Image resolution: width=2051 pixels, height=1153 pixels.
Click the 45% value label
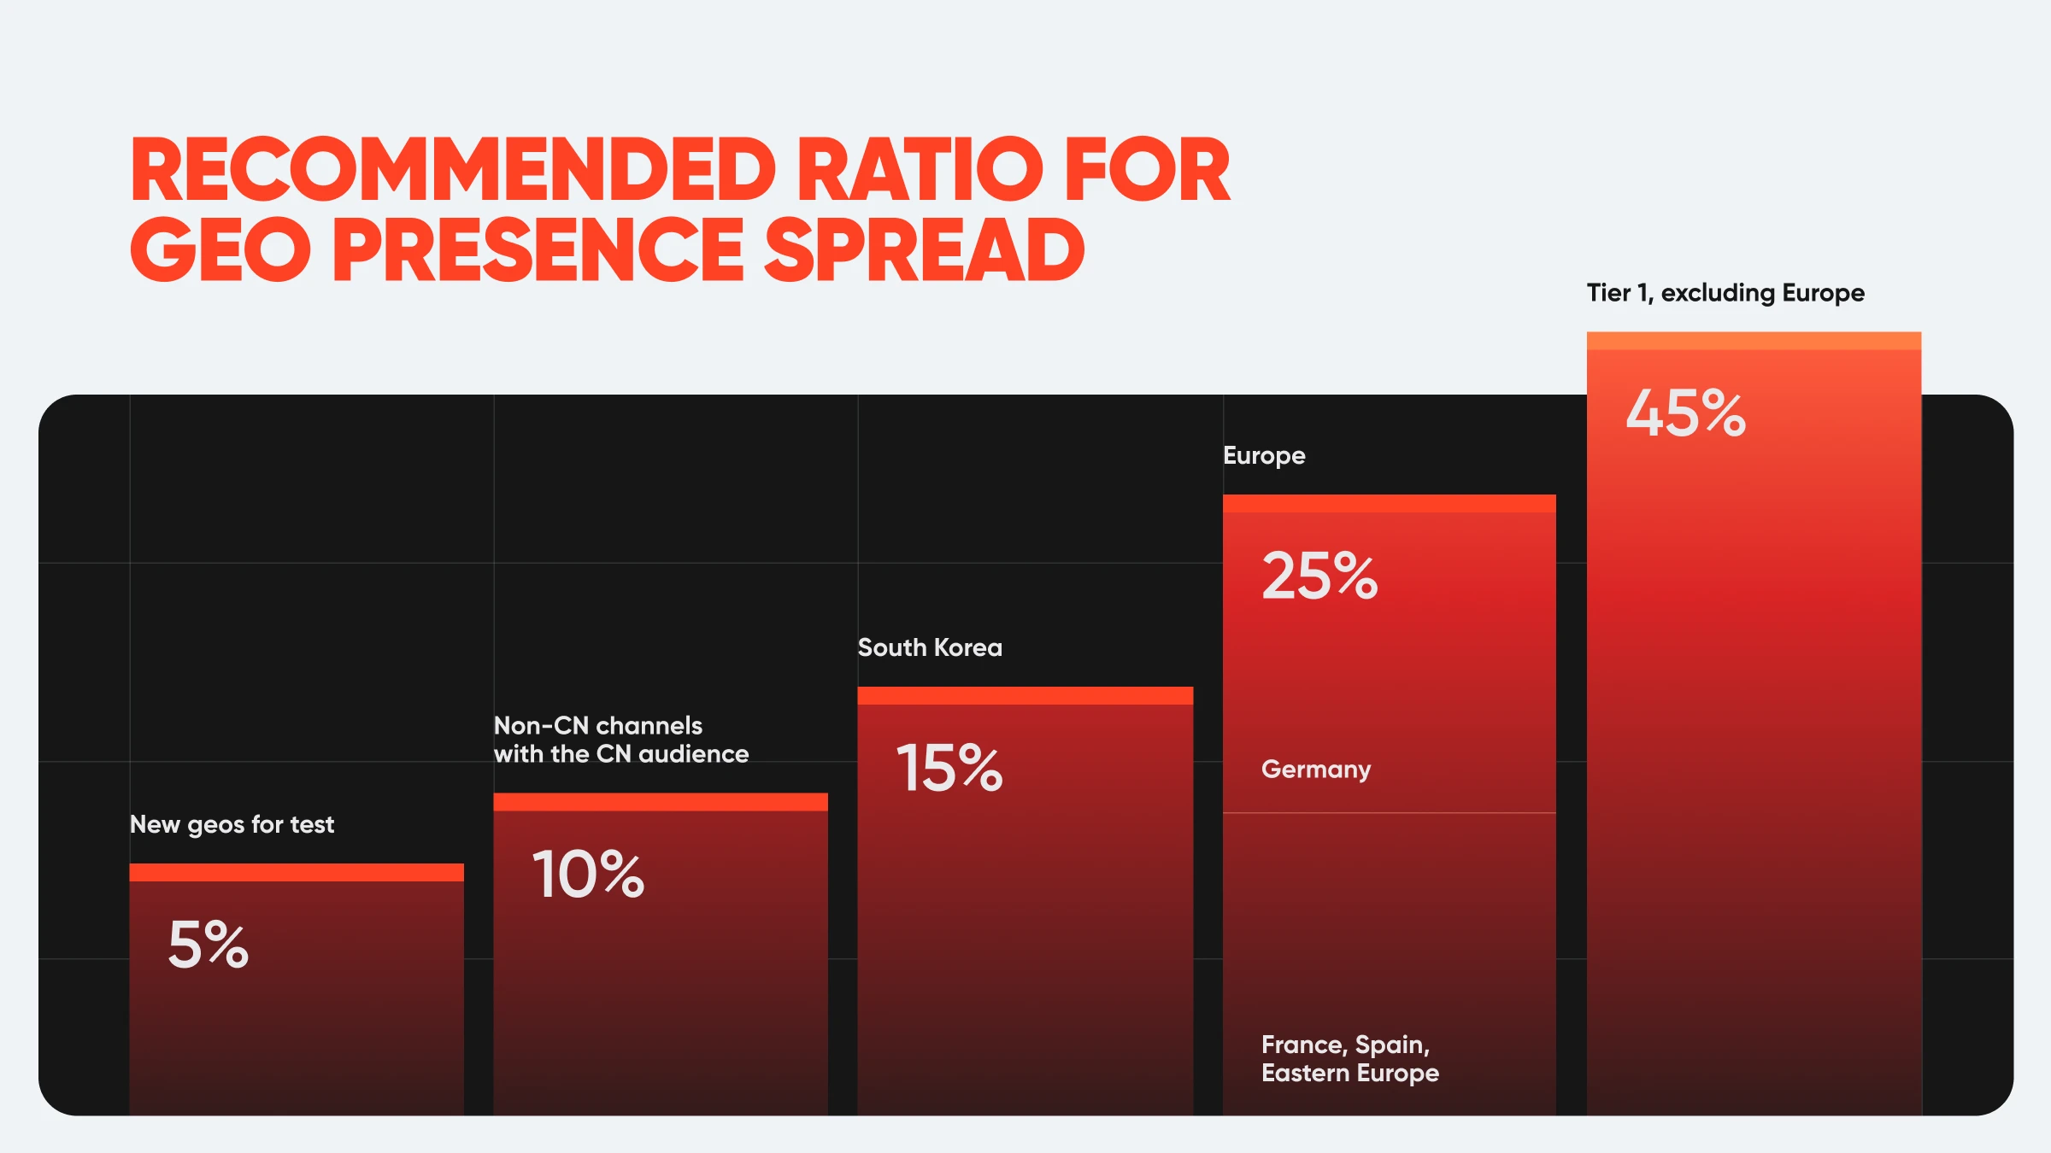coord(1685,413)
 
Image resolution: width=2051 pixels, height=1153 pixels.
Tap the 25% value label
coord(1319,576)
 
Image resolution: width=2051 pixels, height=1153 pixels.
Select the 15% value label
coord(949,768)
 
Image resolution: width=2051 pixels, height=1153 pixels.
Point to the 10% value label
coord(588,875)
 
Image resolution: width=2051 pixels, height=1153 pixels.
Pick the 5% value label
coord(209,945)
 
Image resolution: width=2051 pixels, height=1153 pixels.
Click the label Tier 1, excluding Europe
coord(1725,293)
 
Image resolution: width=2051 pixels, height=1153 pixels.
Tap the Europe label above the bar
coord(1264,455)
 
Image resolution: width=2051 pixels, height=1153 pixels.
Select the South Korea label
coord(930,647)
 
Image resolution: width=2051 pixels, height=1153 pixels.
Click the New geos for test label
coord(232,824)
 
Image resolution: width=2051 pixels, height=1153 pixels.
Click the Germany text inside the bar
coord(1316,770)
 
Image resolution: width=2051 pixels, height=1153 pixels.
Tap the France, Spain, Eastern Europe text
coord(1349,1058)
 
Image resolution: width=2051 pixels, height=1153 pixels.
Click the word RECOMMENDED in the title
coord(453,170)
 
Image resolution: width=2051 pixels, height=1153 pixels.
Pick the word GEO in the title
coord(220,249)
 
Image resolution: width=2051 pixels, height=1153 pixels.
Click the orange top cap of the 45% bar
coord(1754,341)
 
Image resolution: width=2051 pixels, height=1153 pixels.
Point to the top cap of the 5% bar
coord(297,872)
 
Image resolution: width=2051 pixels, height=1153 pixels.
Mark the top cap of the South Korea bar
coord(1025,695)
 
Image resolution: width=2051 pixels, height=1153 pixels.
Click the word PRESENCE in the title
coord(538,249)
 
